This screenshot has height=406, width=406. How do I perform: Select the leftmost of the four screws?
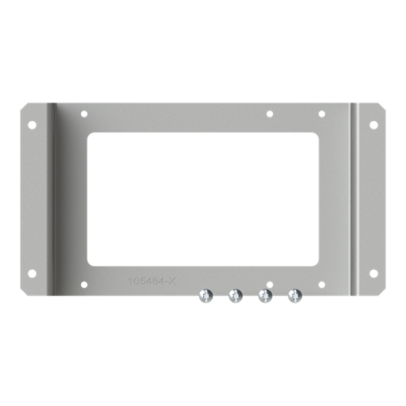(205, 296)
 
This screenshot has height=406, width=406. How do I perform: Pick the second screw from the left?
(235, 296)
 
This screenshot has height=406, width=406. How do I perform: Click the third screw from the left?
(265, 296)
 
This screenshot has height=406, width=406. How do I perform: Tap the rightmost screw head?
(295, 296)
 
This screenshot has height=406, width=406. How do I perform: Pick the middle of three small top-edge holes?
(270, 115)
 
